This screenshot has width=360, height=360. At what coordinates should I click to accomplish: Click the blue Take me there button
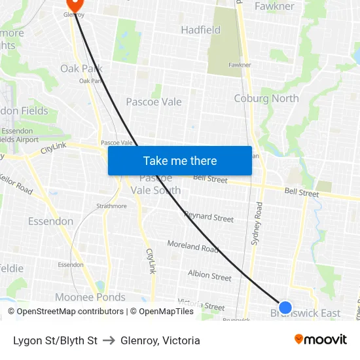pyautogui.click(x=180, y=160)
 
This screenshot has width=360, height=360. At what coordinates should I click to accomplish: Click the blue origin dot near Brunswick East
pyautogui.click(x=285, y=307)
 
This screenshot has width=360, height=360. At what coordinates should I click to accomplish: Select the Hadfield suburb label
pyautogui.click(x=200, y=30)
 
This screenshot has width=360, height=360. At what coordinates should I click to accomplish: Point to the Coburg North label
pyautogui.click(x=266, y=99)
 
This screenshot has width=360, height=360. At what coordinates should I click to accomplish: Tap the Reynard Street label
pyautogui.click(x=209, y=217)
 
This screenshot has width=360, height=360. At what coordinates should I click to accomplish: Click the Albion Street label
pyautogui.click(x=209, y=276)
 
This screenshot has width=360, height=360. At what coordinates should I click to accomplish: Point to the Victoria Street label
pyautogui.click(x=201, y=304)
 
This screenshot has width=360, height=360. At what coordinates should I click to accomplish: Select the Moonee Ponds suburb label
pyautogui.click(x=90, y=297)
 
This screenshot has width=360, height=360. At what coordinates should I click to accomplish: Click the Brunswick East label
pyautogui.click(x=306, y=314)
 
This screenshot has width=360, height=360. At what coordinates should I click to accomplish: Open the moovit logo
pyautogui.click(x=320, y=339)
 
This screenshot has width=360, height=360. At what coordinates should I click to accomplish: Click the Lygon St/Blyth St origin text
pyautogui.click(x=55, y=340)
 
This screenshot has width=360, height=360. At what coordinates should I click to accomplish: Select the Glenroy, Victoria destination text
pyautogui.click(x=160, y=340)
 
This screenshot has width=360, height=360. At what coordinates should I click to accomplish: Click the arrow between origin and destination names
pyautogui.click(x=109, y=340)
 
